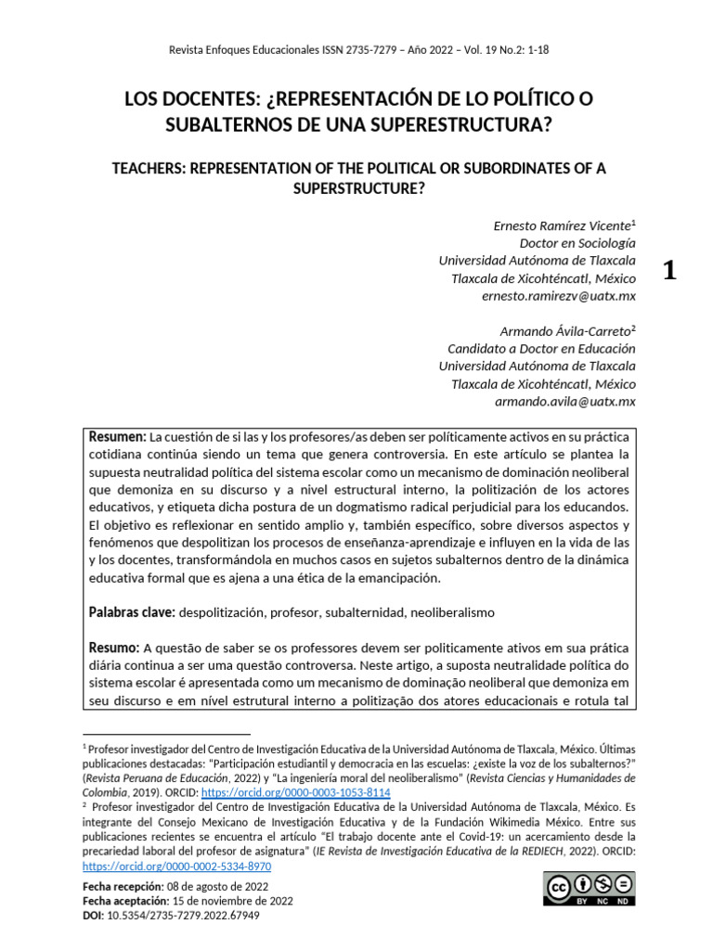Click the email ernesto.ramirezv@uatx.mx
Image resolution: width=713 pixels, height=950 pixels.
pos(559,295)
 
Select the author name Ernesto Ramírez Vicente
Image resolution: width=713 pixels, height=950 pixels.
pos(560,225)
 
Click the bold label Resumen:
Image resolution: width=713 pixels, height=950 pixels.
pos(117,437)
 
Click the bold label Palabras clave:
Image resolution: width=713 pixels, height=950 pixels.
pos(130,613)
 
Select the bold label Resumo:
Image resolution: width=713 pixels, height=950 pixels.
pos(114,648)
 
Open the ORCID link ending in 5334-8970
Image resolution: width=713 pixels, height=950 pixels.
pos(176,865)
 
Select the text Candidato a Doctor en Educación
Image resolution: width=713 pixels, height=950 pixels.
pos(541,349)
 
